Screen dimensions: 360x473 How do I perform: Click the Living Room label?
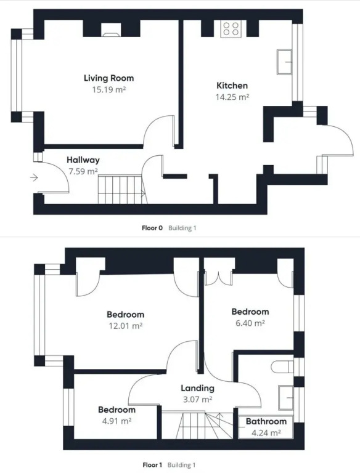(108, 78)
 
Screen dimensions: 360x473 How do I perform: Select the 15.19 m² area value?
(108, 89)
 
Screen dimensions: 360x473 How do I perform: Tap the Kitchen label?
(232, 86)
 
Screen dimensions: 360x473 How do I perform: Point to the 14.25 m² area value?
(232, 97)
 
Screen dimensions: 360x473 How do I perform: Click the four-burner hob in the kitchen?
(231, 29)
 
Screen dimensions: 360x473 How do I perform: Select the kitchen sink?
(285, 62)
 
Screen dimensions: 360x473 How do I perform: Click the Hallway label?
(83, 160)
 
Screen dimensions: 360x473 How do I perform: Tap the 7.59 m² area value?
(83, 171)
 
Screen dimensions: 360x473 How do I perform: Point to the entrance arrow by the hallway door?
(34, 177)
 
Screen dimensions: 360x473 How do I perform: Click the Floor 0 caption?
(152, 228)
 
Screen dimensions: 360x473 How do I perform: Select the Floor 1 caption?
(152, 465)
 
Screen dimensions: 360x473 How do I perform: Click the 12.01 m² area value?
(125, 326)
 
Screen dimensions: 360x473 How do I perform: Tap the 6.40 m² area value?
(250, 323)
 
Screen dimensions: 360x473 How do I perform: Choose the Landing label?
(197, 388)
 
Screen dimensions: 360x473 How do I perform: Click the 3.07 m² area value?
(197, 399)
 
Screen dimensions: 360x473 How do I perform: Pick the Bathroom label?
(266, 421)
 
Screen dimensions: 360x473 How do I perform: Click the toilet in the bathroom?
(282, 367)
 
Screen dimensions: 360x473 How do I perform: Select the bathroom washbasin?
(285, 398)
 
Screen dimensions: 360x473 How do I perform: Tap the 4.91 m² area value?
(117, 421)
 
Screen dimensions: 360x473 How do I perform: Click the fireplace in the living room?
(111, 30)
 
